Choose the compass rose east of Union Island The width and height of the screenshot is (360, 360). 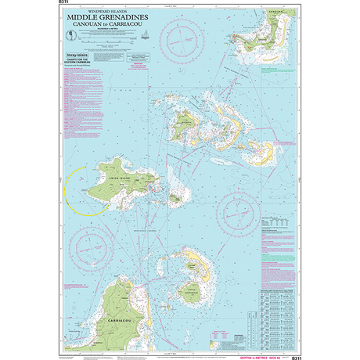click(x=241, y=211)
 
